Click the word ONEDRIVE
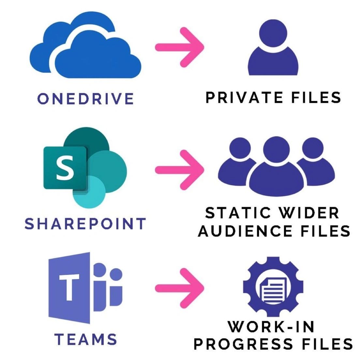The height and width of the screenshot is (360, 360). tap(86, 98)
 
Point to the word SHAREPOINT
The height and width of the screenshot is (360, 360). tap(85, 224)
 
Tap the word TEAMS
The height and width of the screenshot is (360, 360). tap(86, 339)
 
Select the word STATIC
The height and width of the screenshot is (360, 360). tap(238, 213)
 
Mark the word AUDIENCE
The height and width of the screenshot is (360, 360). tap(245, 231)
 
